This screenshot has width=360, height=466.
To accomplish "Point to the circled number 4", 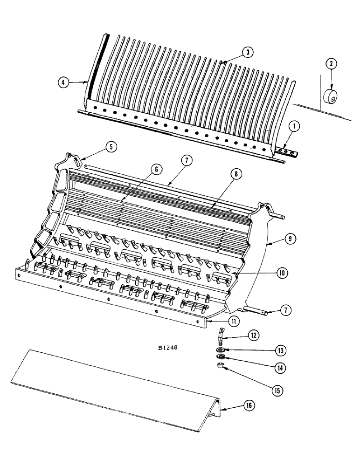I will coord(64,82).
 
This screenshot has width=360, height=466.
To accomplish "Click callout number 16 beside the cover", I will coord(248,407).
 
